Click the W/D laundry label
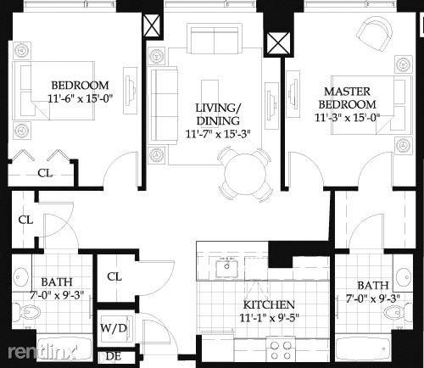tap(114, 328)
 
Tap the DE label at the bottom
tap(114, 356)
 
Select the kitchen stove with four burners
tap(281, 349)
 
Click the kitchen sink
tap(226, 269)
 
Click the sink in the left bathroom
tap(21, 276)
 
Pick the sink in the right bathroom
tap(404, 275)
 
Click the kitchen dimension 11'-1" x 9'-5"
tap(269, 318)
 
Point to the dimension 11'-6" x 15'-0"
tap(81, 98)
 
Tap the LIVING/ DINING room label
tap(218, 114)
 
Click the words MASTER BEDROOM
tap(347, 98)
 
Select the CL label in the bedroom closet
tap(45, 173)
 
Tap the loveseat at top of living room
tap(215, 40)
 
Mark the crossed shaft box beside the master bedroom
tap(278, 43)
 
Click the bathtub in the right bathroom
tap(363, 348)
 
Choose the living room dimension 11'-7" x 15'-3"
tap(218, 134)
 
